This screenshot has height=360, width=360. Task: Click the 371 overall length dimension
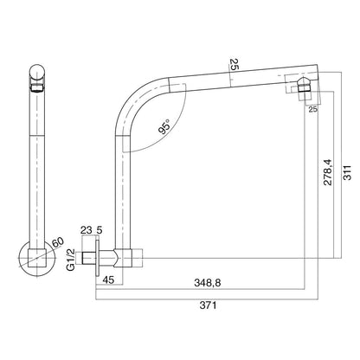pos(208,305)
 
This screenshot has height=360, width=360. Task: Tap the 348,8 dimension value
pos(208,283)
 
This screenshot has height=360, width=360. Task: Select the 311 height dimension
pos(348,172)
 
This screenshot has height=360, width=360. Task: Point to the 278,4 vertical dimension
pos(328,172)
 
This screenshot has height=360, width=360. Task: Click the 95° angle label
pos(165,127)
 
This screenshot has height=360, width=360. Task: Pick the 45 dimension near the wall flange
pos(108,280)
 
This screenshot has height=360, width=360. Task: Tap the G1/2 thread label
pos(71,260)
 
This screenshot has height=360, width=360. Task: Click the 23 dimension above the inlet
pos(86,230)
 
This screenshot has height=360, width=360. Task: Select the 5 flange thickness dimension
pos(100,230)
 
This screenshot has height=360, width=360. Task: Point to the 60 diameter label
pos(57,242)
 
